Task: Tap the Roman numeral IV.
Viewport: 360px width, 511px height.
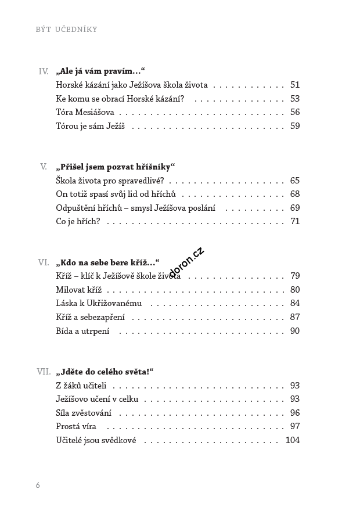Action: pyautogui.click(x=43, y=71)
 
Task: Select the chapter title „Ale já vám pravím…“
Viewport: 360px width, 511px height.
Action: pyautogui.click(x=99, y=71)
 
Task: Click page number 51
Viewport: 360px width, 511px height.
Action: pyautogui.click(x=294, y=85)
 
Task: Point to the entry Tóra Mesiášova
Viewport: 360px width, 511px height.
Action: pyautogui.click(x=85, y=112)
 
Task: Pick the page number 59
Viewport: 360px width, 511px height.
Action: pyautogui.click(x=294, y=126)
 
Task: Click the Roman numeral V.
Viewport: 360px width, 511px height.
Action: pyautogui.click(x=44, y=167)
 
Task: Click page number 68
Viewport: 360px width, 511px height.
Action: pyautogui.click(x=294, y=194)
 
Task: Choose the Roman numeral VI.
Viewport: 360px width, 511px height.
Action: pyautogui.click(x=43, y=262)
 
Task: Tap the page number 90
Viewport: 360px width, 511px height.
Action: pyautogui.click(x=294, y=331)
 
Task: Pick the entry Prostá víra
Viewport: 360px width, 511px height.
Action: pyautogui.click(x=75, y=426)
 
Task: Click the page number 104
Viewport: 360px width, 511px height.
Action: pyautogui.click(x=292, y=440)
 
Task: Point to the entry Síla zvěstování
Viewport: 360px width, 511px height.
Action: pyautogui.click(x=84, y=413)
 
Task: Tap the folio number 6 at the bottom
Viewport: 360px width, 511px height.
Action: pyautogui.click(x=38, y=484)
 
